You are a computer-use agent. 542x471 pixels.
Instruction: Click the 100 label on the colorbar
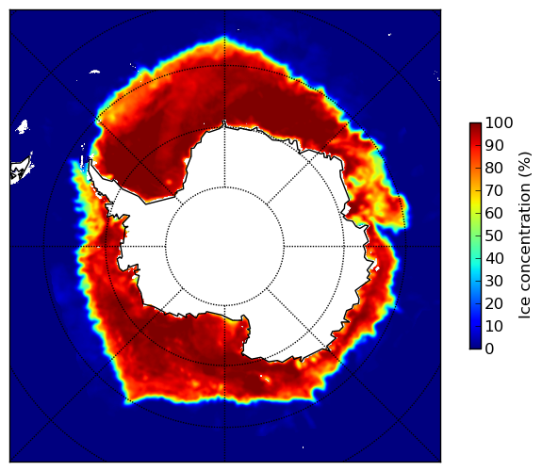coord(499,122)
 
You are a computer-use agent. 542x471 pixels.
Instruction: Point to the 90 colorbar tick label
coord(494,145)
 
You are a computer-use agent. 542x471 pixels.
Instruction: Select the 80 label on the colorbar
coord(494,168)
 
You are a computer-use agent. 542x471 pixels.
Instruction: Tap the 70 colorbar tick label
coord(494,190)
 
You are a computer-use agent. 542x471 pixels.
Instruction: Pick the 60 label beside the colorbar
coord(494,213)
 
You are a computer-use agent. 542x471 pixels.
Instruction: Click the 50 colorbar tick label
coord(494,236)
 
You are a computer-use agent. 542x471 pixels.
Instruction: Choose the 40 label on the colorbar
coord(494,258)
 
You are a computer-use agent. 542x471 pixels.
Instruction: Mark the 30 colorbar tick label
coord(494,282)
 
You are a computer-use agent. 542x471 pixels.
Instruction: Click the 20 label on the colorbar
coord(494,303)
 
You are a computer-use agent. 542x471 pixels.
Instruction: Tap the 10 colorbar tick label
coord(494,326)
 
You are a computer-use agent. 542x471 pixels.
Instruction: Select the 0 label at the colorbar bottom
coord(489,349)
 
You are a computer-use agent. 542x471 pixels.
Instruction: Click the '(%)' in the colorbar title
coord(525,165)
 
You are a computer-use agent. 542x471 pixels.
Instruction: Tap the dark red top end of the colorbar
coord(475,125)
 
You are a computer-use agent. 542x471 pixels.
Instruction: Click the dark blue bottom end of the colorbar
coord(475,347)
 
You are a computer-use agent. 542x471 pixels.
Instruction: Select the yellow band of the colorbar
coord(475,203)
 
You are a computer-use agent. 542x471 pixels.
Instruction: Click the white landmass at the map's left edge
coord(22,171)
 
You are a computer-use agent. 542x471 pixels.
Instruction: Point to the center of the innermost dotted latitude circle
coord(224,247)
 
